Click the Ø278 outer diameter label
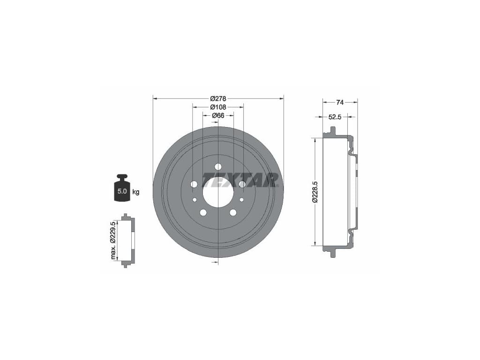coord(218,98)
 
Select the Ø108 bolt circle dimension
coord(218,107)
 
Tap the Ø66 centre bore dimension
coord(218,115)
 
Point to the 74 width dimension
coord(340,103)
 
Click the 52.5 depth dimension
coord(335,117)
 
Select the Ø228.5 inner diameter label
coord(315,192)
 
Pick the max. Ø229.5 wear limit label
coord(113,240)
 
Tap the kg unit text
coord(136,192)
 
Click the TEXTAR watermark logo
coord(240,180)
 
